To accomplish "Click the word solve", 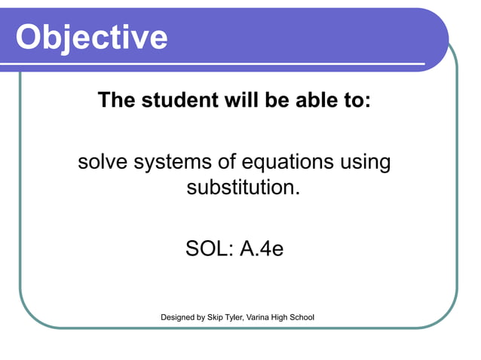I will [x=103, y=162].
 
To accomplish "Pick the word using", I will [x=366, y=163].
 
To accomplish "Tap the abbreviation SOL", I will [x=207, y=249].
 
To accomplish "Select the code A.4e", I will [x=261, y=249].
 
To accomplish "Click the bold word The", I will [x=118, y=100].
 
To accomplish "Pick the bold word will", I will [x=240, y=100].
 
